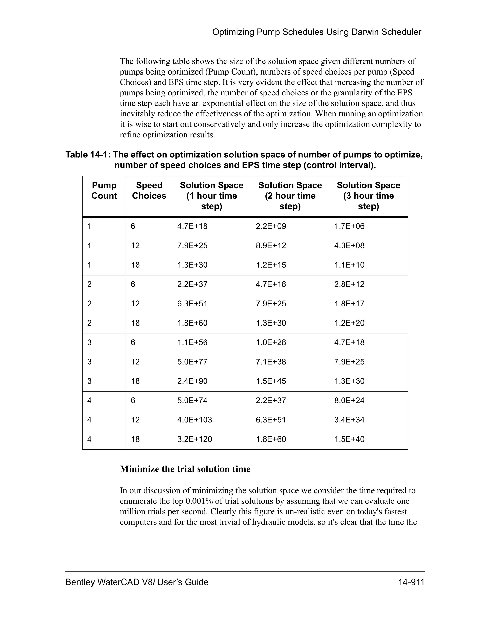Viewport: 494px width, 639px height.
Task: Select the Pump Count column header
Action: click(x=104, y=190)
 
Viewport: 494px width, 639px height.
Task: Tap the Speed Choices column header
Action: click(x=149, y=190)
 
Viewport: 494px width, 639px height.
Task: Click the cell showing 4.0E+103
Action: click(x=194, y=420)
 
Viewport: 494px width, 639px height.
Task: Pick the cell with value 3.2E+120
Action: click(x=194, y=439)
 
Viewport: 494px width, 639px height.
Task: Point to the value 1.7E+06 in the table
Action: click(x=350, y=226)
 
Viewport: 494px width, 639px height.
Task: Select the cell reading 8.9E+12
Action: click(x=271, y=245)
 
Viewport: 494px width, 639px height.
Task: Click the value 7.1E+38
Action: click(x=271, y=362)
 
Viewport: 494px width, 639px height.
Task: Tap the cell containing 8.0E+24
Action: click(x=350, y=401)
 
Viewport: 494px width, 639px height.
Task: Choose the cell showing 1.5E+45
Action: click(x=271, y=381)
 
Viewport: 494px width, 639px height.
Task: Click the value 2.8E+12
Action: click(x=350, y=284)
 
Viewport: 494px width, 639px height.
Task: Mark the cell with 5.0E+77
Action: click(x=192, y=362)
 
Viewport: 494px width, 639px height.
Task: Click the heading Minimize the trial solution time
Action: click(x=185, y=469)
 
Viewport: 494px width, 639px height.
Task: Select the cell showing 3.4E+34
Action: click(x=350, y=420)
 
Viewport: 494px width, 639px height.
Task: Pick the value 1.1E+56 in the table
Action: click(x=192, y=342)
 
